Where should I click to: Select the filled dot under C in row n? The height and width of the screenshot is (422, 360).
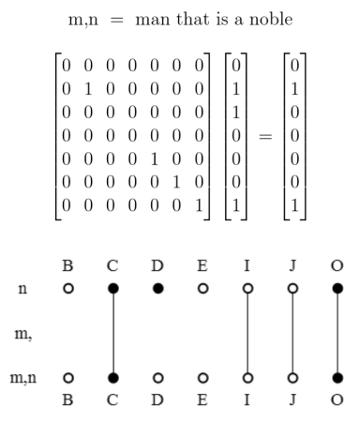pos(112,289)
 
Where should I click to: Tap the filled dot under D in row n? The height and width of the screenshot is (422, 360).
pos(157,289)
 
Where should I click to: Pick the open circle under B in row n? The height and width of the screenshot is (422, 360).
pos(67,289)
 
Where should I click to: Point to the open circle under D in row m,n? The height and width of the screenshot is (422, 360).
pos(157,378)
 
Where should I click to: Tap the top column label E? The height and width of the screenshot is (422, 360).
pos(202,266)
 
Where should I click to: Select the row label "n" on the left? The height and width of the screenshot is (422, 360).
pos(20,289)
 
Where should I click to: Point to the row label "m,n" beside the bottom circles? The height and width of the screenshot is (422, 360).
pos(23,378)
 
